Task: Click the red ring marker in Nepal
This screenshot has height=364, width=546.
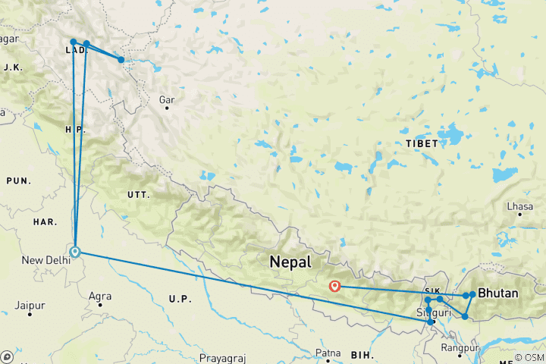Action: pyautogui.click(x=335, y=287)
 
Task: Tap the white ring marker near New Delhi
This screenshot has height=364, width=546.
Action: pyautogui.click(x=75, y=252)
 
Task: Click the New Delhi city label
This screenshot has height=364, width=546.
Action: pyautogui.click(x=47, y=261)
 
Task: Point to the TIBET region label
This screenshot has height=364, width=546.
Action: pyautogui.click(x=421, y=143)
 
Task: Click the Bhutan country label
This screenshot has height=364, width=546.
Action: pyautogui.click(x=498, y=293)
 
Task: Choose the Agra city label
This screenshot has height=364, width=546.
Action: pyautogui.click(x=100, y=296)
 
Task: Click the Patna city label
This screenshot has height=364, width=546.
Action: pyautogui.click(x=328, y=353)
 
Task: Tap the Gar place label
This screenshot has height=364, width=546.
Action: pyautogui.click(x=166, y=99)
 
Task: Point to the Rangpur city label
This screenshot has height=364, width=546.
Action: pyautogui.click(x=462, y=348)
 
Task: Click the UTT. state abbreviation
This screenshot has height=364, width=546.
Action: pyautogui.click(x=138, y=195)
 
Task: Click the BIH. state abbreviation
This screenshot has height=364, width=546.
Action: pyautogui.click(x=361, y=354)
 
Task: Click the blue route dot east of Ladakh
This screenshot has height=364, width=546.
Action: pyautogui.click(x=121, y=59)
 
